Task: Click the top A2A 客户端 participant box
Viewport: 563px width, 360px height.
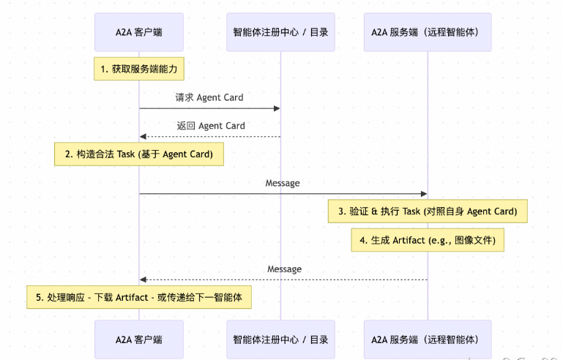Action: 138,31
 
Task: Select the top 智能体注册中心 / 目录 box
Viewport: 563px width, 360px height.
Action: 280,31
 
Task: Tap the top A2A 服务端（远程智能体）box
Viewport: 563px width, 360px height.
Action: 428,31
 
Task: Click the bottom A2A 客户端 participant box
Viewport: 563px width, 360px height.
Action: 138,340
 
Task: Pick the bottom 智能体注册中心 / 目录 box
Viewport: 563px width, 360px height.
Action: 280,340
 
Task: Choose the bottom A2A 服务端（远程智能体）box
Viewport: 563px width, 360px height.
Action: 428,340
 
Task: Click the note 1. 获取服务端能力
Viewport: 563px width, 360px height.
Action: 138,70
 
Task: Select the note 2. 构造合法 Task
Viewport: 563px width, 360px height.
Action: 138,154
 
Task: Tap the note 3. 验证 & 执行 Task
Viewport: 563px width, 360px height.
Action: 428,211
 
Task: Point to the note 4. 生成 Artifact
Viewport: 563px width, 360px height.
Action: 428,240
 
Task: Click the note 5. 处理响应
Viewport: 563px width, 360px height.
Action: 139,297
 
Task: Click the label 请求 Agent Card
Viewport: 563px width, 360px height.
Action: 209,97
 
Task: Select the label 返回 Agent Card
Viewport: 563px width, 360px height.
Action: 210,126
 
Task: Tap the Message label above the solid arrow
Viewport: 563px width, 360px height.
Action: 283,183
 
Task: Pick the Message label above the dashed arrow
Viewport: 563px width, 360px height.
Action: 284,269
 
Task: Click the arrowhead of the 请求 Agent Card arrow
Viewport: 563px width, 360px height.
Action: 277,108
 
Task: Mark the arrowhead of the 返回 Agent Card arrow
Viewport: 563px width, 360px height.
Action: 143,137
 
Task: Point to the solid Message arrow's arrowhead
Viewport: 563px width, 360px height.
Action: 424,194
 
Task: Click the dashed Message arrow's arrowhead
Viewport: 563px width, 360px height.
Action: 143,280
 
